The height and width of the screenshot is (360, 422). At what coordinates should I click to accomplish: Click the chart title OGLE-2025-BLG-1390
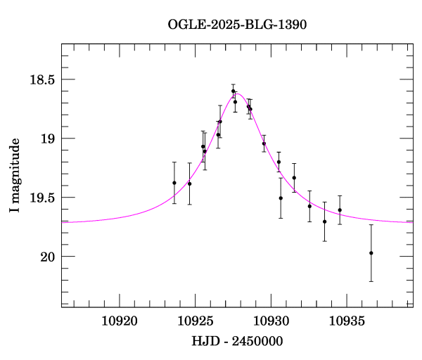237,24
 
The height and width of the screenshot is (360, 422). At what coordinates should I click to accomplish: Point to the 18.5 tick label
40,79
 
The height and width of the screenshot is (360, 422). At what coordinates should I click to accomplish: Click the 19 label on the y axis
48,139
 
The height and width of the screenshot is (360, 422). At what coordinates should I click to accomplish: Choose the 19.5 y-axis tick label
40,198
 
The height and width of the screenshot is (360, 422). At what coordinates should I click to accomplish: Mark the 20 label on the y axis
48,257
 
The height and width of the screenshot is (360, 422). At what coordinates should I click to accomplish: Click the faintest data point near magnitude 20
371,253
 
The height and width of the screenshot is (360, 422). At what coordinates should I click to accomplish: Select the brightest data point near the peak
233,91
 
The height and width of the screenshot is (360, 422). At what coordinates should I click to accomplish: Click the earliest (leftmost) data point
174,183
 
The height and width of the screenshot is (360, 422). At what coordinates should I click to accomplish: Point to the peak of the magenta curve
238,94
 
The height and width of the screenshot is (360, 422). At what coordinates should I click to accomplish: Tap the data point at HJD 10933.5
324,221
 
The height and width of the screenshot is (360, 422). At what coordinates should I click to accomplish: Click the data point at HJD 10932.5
309,206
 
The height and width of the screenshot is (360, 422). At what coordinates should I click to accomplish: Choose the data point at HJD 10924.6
189,184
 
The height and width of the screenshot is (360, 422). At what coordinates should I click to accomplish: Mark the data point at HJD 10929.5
264,143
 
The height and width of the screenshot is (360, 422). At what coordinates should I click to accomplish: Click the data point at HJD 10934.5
340,210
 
